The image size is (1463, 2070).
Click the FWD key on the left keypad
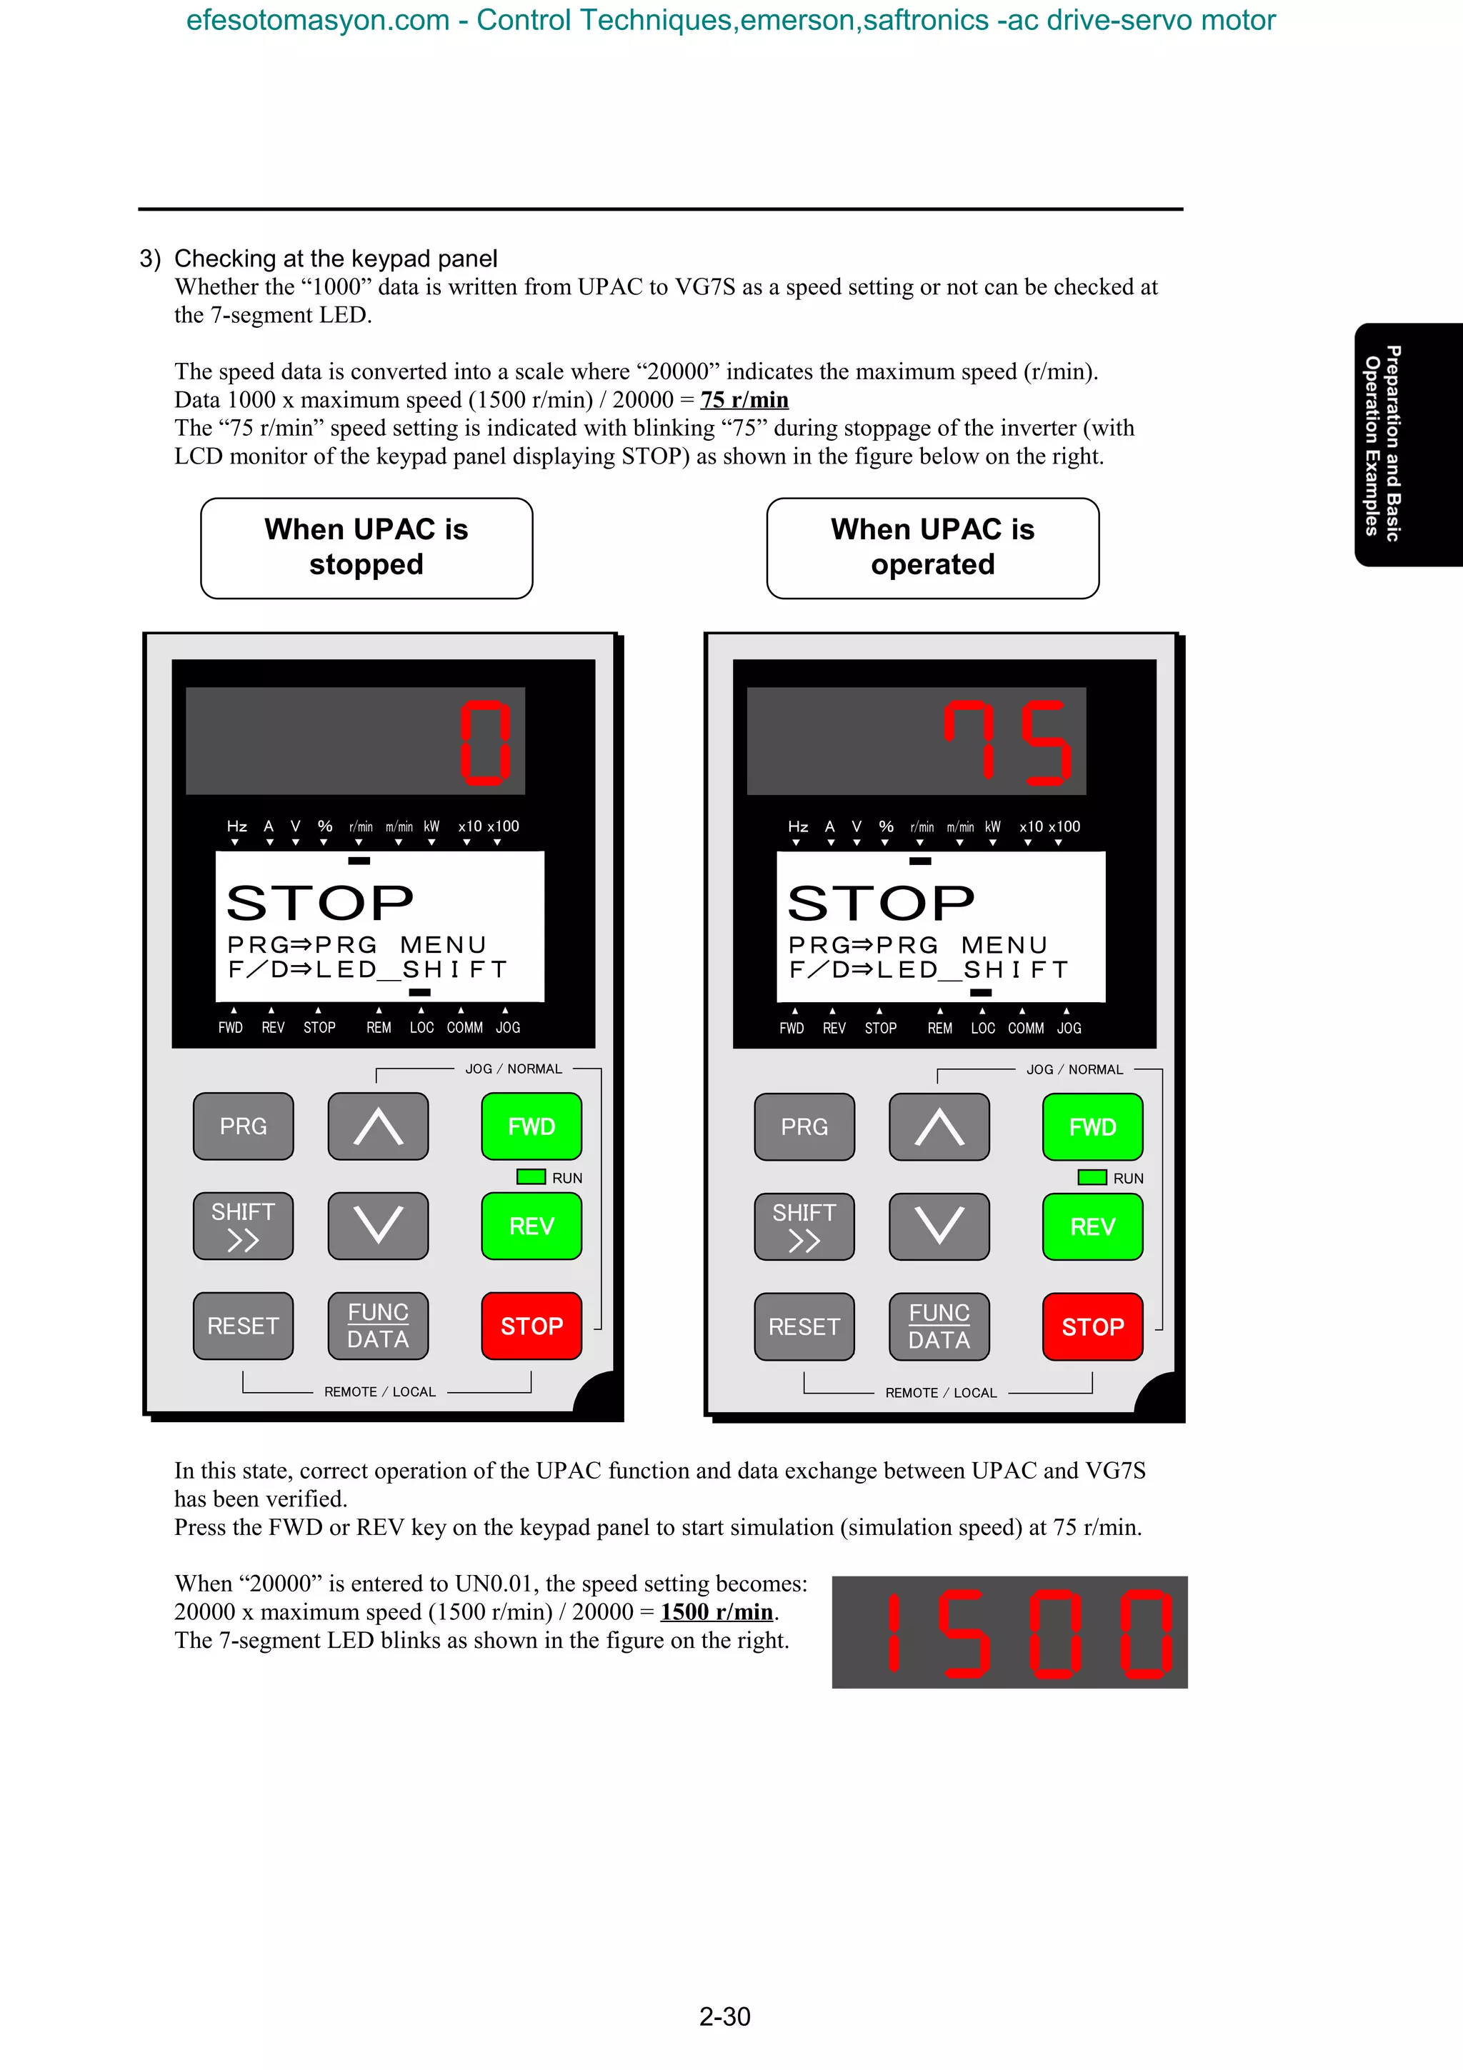531,1126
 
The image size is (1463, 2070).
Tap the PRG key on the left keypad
244,1126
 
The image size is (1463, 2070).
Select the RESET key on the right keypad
804,1326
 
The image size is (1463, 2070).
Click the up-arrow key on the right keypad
939,1127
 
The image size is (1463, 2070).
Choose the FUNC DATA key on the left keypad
379,1325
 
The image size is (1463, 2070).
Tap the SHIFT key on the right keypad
804,1227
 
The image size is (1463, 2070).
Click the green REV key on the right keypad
1092,1227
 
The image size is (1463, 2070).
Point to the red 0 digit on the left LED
486,741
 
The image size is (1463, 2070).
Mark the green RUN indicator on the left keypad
531,1176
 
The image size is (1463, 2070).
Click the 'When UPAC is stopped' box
367,547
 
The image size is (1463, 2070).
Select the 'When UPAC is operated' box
933,547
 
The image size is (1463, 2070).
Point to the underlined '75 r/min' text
744,399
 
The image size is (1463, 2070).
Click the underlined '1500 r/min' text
716,1611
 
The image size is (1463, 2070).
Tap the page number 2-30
725,2016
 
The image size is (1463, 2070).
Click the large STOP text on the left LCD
320,902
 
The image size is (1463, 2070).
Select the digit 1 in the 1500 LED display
894,1632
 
